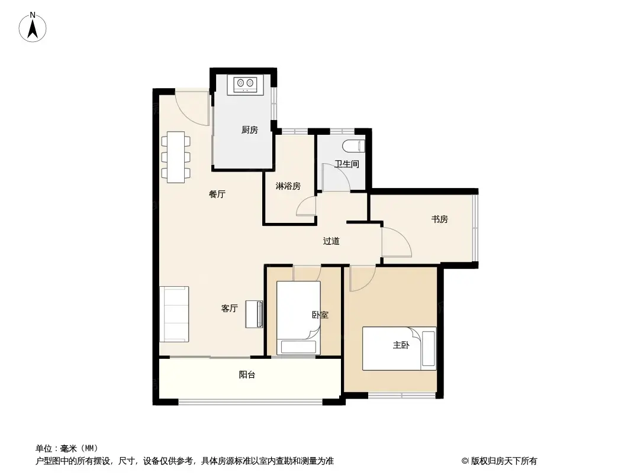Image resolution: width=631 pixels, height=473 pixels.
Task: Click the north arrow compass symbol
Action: [34, 27]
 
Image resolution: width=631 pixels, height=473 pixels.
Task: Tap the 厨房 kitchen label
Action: [250, 130]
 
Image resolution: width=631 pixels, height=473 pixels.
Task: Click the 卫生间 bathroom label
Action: [346, 164]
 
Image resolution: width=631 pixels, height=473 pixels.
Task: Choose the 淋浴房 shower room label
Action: [288, 186]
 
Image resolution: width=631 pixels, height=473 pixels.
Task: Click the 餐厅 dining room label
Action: [217, 194]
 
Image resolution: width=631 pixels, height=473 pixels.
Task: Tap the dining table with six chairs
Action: [176, 157]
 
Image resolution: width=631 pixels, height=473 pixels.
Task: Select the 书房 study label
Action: [439, 219]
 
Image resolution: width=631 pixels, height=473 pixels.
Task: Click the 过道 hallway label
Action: [331, 241]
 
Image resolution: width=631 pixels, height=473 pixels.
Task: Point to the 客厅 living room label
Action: [229, 308]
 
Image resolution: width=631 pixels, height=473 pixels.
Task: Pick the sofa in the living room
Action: [174, 314]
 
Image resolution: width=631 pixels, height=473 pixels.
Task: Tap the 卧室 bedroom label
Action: [320, 315]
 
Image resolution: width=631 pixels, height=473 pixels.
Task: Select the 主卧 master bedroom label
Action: [401, 345]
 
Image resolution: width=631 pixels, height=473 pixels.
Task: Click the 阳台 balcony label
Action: [247, 374]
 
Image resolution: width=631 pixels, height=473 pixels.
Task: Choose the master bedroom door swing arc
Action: [362, 278]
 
